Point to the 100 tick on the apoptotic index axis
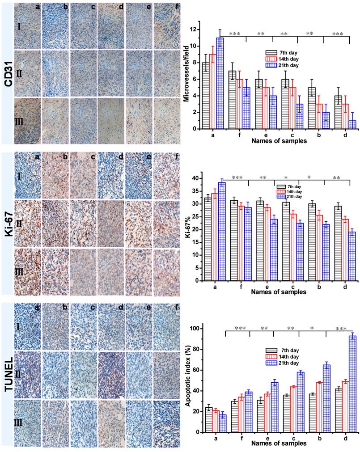(193, 329)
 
